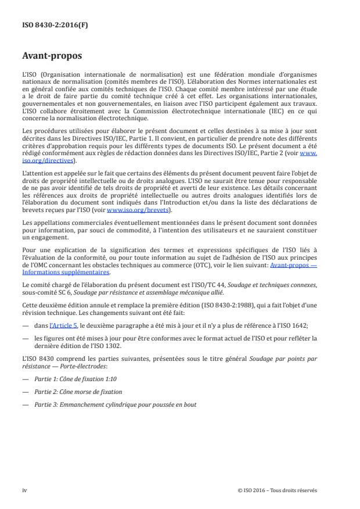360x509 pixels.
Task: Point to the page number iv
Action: [24, 490]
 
